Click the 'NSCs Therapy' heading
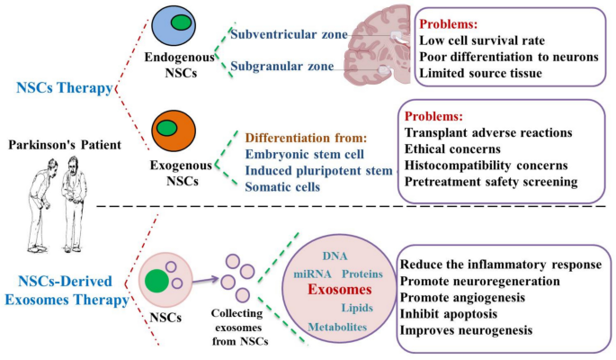(63, 88)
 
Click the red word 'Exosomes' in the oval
(338, 290)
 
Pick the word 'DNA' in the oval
(335, 256)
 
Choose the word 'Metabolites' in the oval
(337, 326)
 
